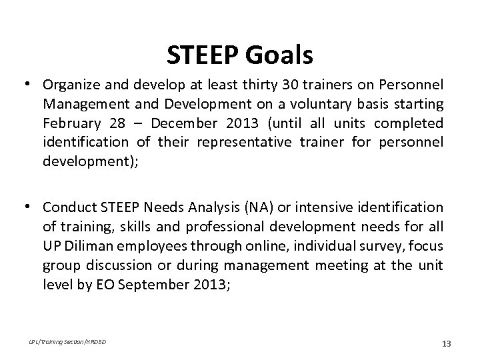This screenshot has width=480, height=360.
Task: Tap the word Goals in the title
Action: tap(282, 55)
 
